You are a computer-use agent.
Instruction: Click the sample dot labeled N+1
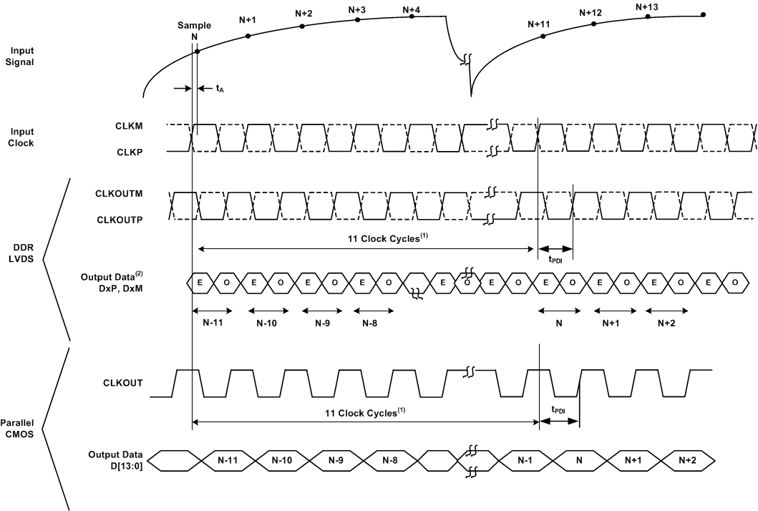point(248,35)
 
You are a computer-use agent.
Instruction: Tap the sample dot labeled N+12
point(593,24)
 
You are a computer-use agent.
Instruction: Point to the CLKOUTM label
point(117,193)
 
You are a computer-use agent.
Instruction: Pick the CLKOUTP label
point(117,220)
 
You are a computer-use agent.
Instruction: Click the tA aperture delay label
point(220,89)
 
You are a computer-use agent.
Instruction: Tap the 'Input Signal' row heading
point(23,56)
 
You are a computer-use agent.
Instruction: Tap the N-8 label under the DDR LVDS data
point(370,323)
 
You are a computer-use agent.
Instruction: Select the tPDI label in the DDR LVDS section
point(555,259)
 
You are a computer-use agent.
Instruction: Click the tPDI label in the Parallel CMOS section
point(559,410)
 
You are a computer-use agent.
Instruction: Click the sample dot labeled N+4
point(412,16)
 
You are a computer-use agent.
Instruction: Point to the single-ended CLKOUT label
point(122,383)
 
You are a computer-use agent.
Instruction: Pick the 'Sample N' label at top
point(194,31)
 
